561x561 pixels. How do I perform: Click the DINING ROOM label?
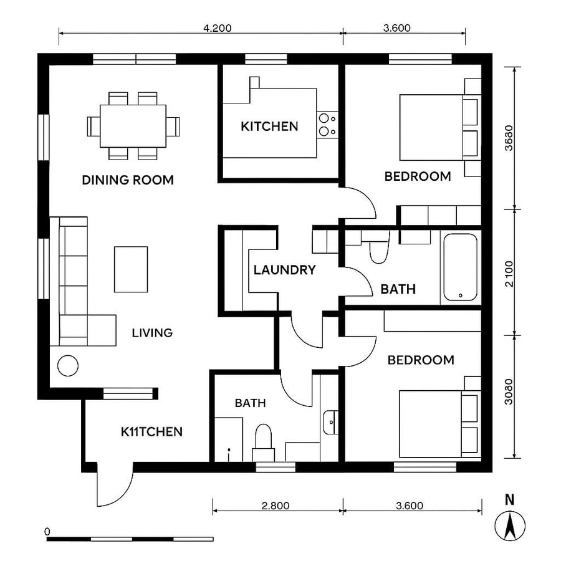click(128, 180)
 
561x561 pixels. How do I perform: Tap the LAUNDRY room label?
click(284, 270)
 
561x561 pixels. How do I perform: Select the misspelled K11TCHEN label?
click(151, 431)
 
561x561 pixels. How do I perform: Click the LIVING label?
click(152, 333)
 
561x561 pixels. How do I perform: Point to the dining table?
click(133, 125)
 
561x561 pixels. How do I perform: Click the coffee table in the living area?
click(131, 269)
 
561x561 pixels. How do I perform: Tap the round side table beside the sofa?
click(68, 365)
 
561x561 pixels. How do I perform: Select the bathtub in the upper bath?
click(460, 267)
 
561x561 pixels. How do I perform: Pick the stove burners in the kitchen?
click(328, 125)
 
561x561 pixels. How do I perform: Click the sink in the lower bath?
click(330, 422)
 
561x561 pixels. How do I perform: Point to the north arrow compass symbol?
click(510, 525)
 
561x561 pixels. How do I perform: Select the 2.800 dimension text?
click(276, 506)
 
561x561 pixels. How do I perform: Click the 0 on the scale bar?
click(47, 531)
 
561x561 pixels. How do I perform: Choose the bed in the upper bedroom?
click(432, 127)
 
